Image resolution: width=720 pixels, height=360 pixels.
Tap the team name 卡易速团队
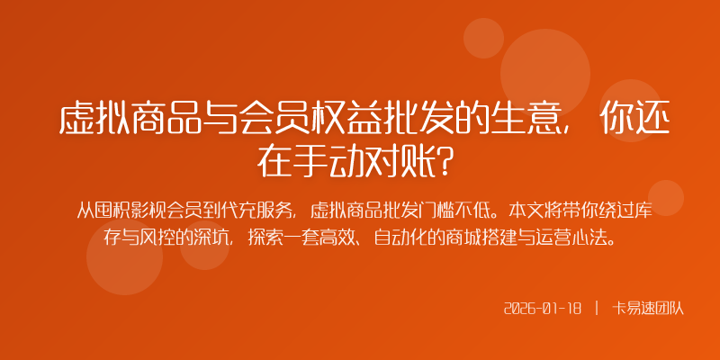648,308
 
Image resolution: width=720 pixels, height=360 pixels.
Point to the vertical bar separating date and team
597,308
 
